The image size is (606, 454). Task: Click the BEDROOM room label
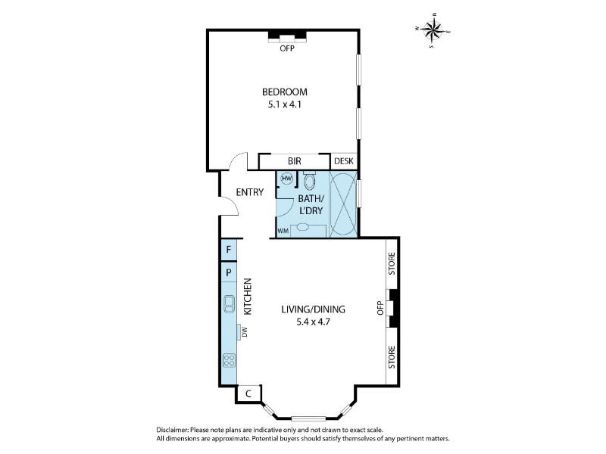(x=285, y=92)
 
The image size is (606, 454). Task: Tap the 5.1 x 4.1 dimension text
(x=285, y=104)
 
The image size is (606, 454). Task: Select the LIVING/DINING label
(x=313, y=309)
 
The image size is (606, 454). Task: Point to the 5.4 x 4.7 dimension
(x=313, y=322)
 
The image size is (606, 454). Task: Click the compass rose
(x=433, y=30)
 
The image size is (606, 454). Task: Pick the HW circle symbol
(x=287, y=179)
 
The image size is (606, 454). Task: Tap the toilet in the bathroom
(x=309, y=180)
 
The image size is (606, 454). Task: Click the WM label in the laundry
(x=283, y=232)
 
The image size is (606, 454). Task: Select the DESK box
(x=344, y=161)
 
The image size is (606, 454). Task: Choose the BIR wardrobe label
(x=295, y=161)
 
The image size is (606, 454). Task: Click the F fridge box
(x=229, y=250)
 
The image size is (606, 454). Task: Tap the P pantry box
(x=229, y=272)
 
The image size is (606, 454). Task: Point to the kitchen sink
(x=230, y=304)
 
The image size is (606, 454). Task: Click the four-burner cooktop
(x=230, y=361)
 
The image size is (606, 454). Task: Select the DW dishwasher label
(x=244, y=331)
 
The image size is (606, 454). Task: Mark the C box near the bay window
(x=248, y=393)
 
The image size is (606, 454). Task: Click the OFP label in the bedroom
(x=287, y=48)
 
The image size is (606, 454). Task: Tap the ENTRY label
(x=250, y=192)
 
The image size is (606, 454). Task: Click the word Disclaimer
(x=173, y=430)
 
